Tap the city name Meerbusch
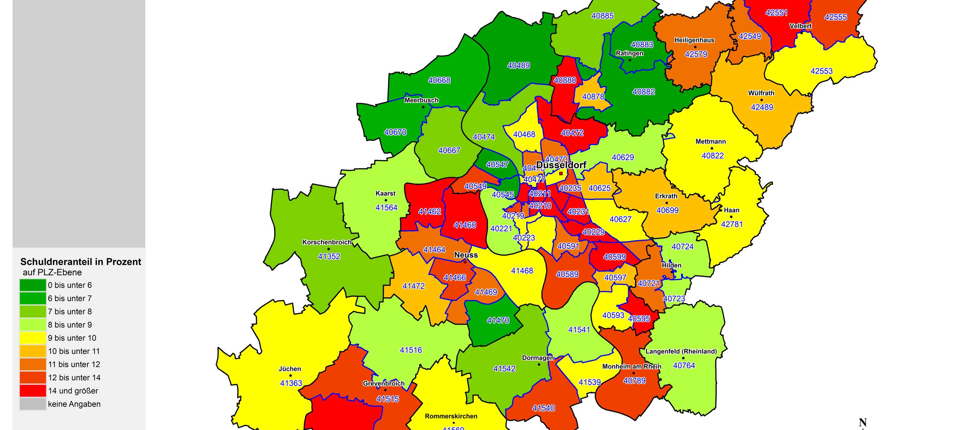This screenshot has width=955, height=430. coord(421,100)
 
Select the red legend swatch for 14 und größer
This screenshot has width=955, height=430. coord(33,391)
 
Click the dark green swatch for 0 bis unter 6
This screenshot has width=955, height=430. coord(33,285)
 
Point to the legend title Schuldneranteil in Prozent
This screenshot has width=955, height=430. coord(81,262)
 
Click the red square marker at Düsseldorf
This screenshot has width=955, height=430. coord(561,173)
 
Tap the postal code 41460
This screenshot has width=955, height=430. coord(464,225)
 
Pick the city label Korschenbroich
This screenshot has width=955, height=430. coord(327,242)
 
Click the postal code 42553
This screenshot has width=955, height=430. coord(821,71)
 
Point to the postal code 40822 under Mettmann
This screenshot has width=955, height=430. coord(713,156)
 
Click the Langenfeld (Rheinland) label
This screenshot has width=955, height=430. coord(681,351)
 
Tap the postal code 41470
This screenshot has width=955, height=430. coord(498,320)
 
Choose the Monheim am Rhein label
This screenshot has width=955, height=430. coord(631,367)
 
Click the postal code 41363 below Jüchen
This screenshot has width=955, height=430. coord(291,383)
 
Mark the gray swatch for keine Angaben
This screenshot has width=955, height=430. coord(33,404)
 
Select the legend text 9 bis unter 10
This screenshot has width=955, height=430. coord(72,338)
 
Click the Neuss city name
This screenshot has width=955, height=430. coord(466,255)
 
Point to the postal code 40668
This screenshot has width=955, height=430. coord(439,80)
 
